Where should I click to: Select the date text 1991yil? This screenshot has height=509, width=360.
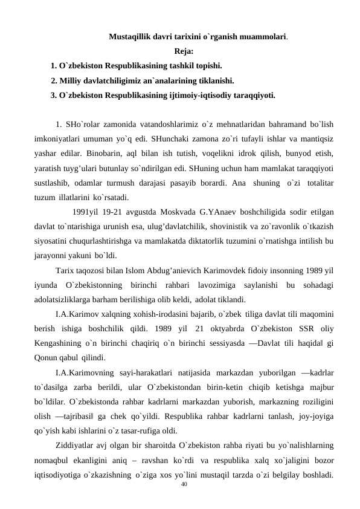point(85,212)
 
